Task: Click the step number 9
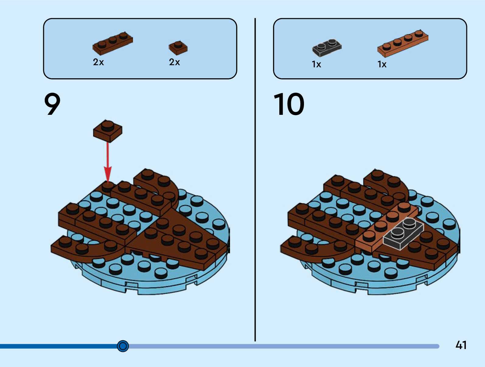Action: coord(52,104)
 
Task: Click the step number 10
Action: coord(289,104)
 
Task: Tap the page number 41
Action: coord(461,345)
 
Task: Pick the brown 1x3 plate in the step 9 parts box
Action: coord(113,44)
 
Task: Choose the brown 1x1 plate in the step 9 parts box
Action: coord(178,48)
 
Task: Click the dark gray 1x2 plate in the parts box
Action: coord(327,48)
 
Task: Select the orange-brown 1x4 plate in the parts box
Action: coord(403,43)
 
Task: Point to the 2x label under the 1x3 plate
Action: coord(98,62)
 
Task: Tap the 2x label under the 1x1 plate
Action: coord(174,62)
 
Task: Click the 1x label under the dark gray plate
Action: coord(316,64)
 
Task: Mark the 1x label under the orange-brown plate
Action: coord(382,64)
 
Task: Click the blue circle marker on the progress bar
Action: coord(123,346)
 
